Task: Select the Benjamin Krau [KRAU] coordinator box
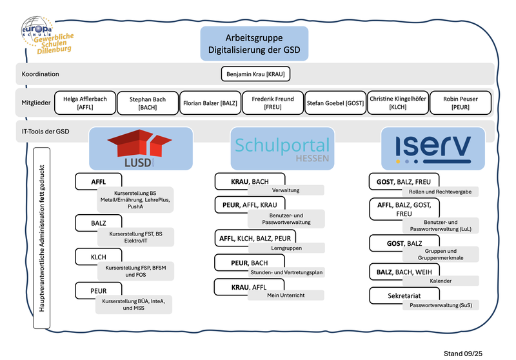tap(255, 74)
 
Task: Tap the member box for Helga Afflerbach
tap(85, 103)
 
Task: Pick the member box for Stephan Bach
tap(148, 103)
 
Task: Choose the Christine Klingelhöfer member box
tap(397, 103)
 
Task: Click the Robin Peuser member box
tap(461, 103)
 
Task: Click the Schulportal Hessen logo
tap(283, 149)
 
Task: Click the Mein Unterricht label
tap(285, 295)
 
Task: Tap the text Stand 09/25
tap(462, 353)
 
